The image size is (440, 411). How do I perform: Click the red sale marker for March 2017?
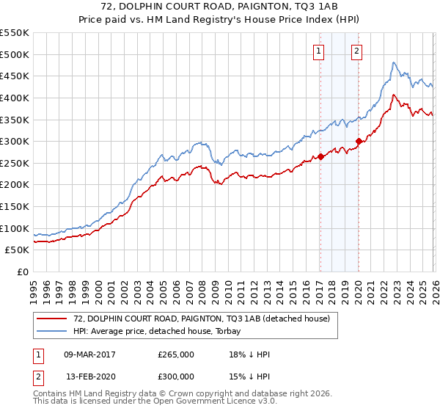[320, 156]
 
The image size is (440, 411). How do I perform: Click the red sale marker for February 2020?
[359, 142]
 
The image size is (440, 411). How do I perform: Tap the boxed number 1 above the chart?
[320, 51]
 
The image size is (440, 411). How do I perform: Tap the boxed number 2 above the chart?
[356, 51]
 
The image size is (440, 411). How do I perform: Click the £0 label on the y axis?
[22, 272]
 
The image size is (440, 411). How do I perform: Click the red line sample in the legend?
[53, 319]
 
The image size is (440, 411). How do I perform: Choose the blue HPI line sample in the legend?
[53, 331]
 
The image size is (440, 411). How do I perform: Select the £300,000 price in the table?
[176, 375]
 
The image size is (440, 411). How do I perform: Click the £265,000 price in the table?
[176, 354]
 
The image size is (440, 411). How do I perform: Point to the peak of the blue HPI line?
[394, 62]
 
